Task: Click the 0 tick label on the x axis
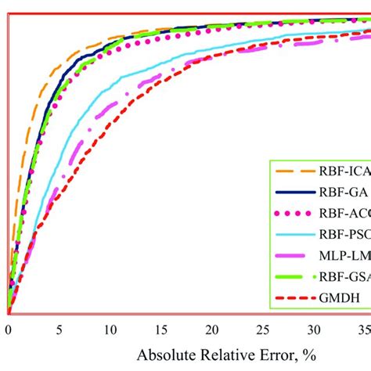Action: [8, 329]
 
